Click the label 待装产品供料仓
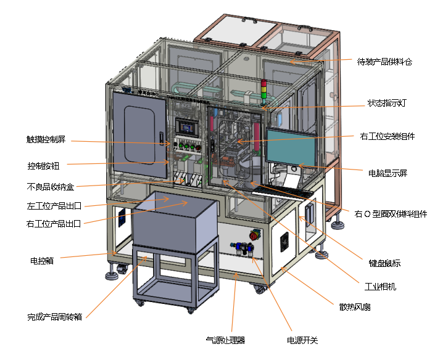pos(384,62)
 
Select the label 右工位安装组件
pos(387,136)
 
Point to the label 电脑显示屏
pos(387,173)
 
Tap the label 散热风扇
pos(355,306)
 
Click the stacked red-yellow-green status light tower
pos(265,91)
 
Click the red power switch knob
pos(253,235)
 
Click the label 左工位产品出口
pos(54,206)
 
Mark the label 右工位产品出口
pos(54,223)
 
